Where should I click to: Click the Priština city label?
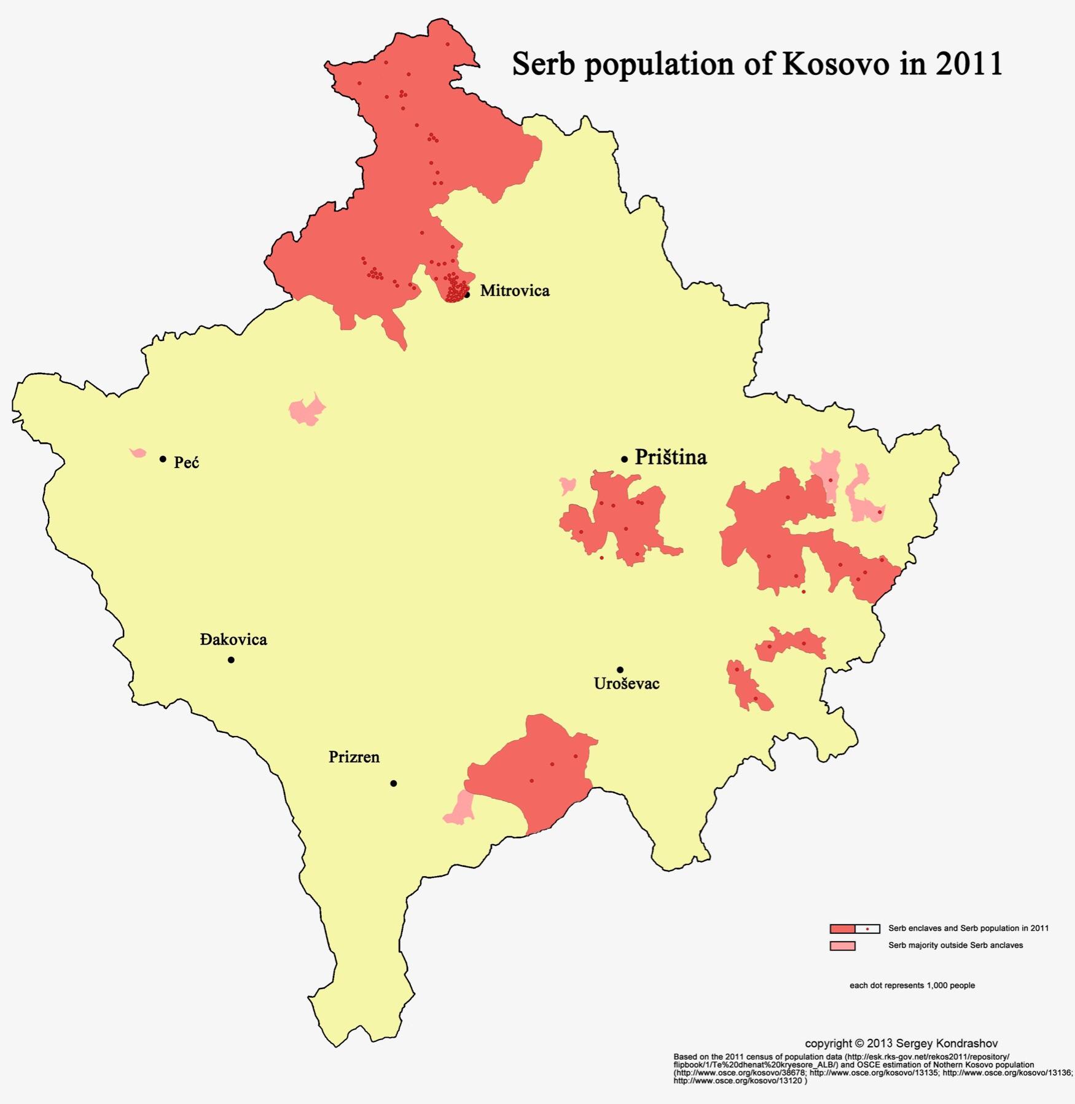[x=670, y=458]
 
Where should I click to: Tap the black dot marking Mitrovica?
[x=467, y=295]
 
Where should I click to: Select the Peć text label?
[x=186, y=463]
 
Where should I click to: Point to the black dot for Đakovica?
[x=231, y=660]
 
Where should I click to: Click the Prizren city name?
[x=354, y=758]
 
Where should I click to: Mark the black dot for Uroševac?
[x=620, y=670]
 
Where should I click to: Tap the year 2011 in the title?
[x=969, y=65]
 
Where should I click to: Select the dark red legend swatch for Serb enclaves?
[x=842, y=928]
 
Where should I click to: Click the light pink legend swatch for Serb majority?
[x=842, y=945]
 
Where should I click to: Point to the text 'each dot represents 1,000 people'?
[x=912, y=985]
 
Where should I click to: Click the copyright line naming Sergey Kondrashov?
[x=901, y=1043]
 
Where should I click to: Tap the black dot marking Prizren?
[x=393, y=783]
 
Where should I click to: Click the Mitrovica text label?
[x=514, y=291]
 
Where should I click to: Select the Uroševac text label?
[x=627, y=684]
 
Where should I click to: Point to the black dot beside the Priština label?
[x=624, y=459]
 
